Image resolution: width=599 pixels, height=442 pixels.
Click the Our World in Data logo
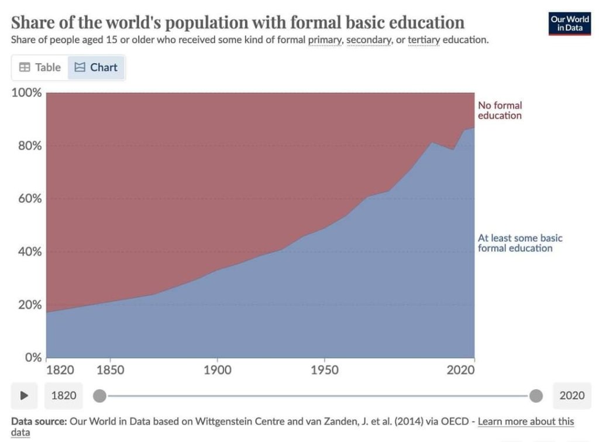click(x=569, y=23)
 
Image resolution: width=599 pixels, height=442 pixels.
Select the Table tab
click(x=40, y=67)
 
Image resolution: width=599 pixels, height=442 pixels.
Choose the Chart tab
click(x=97, y=67)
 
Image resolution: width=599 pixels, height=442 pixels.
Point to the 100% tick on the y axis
click(x=27, y=93)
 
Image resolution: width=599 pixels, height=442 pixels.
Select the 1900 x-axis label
click(x=217, y=370)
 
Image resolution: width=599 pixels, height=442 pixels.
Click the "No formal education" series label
click(x=500, y=110)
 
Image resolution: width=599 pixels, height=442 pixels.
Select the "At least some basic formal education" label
click(x=519, y=243)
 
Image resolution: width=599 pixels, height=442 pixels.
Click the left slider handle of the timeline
click(x=100, y=396)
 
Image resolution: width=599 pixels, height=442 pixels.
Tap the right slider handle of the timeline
click(x=536, y=396)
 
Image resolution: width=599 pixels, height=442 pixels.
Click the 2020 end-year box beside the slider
click(x=572, y=396)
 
